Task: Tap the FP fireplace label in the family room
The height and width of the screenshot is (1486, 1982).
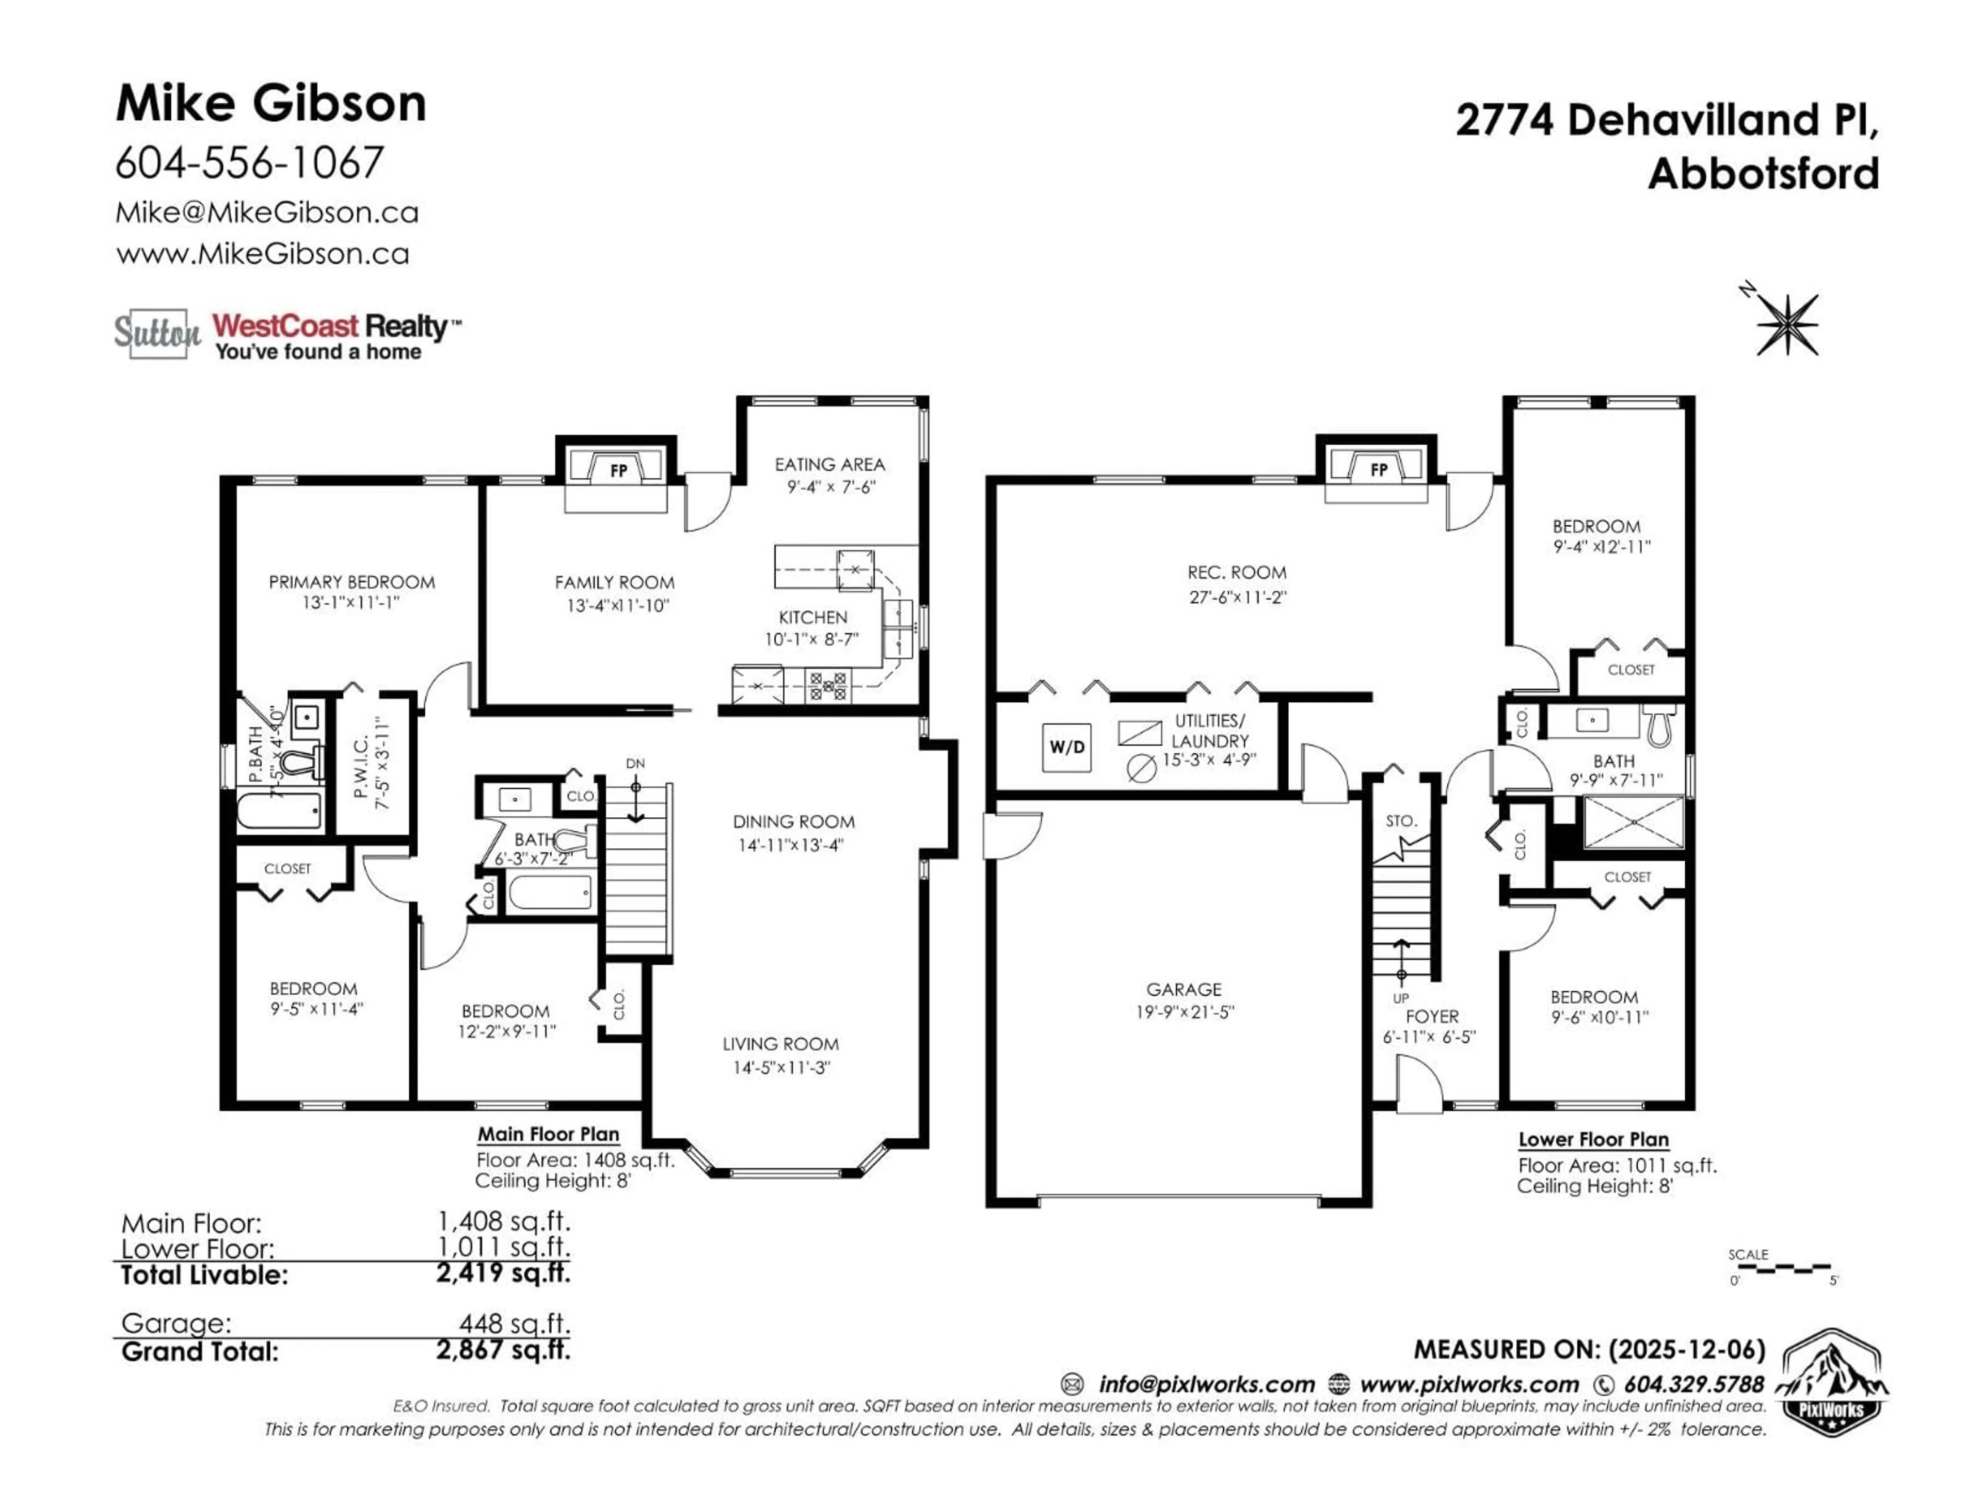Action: point(618,470)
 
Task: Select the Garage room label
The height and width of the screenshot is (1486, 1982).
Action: point(1184,989)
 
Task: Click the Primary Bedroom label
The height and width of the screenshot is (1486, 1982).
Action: point(351,582)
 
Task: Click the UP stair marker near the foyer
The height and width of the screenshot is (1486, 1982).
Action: point(1400,998)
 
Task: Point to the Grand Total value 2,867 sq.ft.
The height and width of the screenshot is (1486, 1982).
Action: point(503,1350)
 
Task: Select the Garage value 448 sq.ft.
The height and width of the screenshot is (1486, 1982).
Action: point(514,1323)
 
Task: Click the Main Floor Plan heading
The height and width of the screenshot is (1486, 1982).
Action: point(548,1134)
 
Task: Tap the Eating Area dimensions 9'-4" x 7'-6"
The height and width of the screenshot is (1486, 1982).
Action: point(830,487)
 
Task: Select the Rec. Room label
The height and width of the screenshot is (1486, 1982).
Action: point(1237,572)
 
